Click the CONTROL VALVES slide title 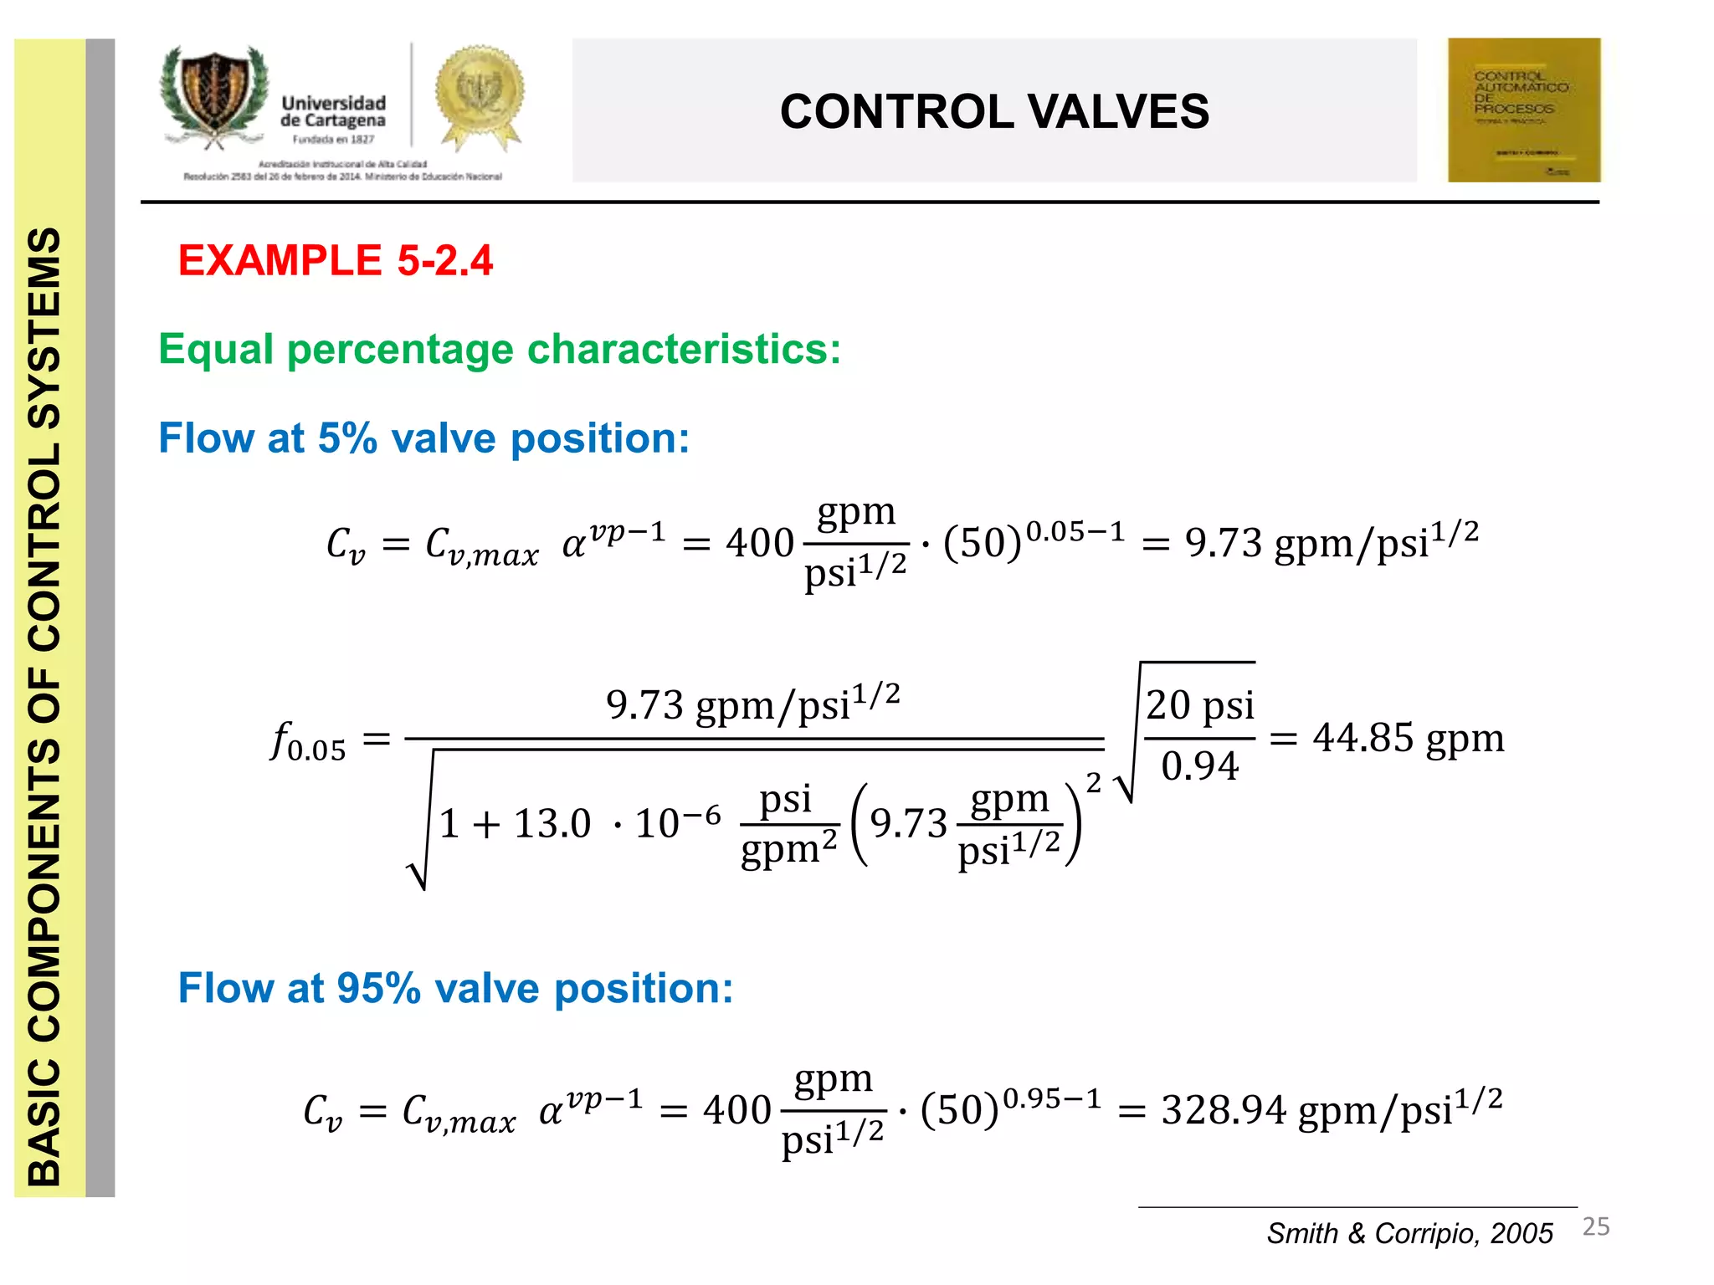pos(994,111)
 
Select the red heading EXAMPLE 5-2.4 pos(336,260)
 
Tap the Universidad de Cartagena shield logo pos(215,96)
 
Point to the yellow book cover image pos(1523,110)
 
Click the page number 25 pos(1596,1226)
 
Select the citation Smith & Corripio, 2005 pos(1409,1233)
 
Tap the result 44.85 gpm pos(1409,738)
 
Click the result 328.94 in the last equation pos(1223,1110)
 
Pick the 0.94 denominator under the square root pos(1199,765)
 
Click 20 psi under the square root pos(1199,705)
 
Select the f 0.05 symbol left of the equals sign pos(307,741)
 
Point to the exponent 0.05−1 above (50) pos(1075,531)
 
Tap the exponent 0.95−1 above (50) pos(1052,1098)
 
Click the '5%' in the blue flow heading pos(347,438)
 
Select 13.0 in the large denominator pos(552,823)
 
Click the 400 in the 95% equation pos(736,1110)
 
